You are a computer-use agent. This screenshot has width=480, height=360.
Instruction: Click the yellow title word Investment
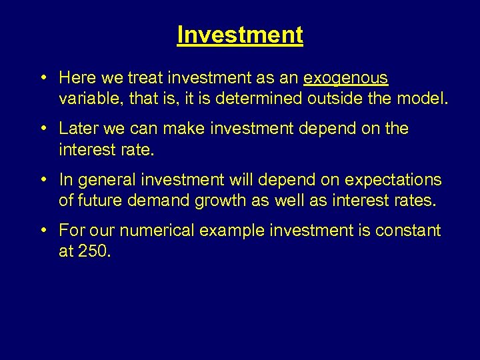[240, 35]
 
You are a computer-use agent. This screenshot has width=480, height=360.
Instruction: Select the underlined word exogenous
[345, 78]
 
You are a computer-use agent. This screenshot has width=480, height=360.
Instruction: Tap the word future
[101, 200]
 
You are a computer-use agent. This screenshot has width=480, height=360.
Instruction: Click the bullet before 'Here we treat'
[43, 77]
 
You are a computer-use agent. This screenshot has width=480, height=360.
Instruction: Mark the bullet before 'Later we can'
[43, 128]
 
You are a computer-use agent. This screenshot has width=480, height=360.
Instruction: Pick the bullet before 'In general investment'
[43, 179]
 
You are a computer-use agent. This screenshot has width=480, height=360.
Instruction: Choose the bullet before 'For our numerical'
[43, 230]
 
